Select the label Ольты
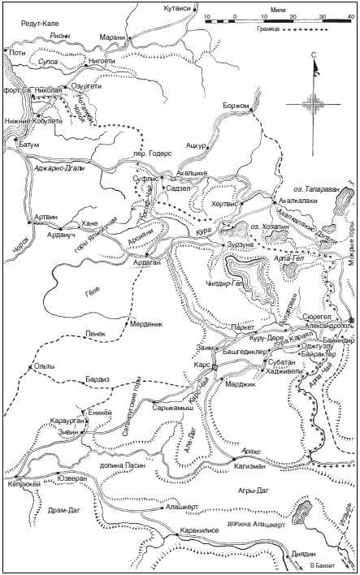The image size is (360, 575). pos(46,366)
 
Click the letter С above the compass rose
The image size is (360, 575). pos(312,54)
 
